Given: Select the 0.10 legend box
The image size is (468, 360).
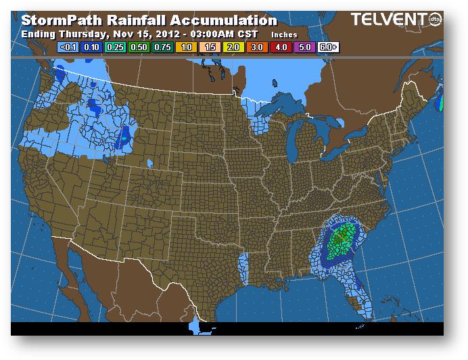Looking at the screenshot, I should pyautogui.click(x=91, y=47).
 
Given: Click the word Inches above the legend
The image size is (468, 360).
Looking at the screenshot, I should pyautogui.click(x=284, y=34).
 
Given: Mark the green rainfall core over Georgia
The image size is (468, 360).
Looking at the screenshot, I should pyautogui.click(x=344, y=238).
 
